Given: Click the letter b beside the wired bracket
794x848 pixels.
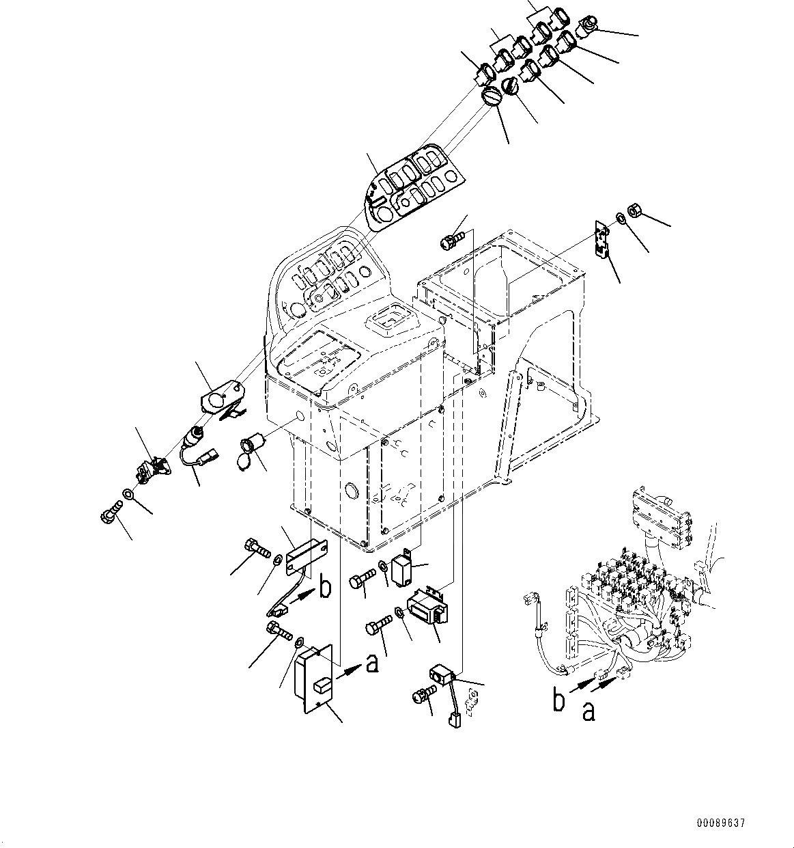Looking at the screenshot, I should pos(326,588).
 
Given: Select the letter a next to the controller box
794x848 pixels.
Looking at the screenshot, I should pos(372,662).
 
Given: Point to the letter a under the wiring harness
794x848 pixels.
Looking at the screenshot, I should pos(589,711).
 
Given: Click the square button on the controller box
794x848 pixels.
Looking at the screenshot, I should pos(322,683).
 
